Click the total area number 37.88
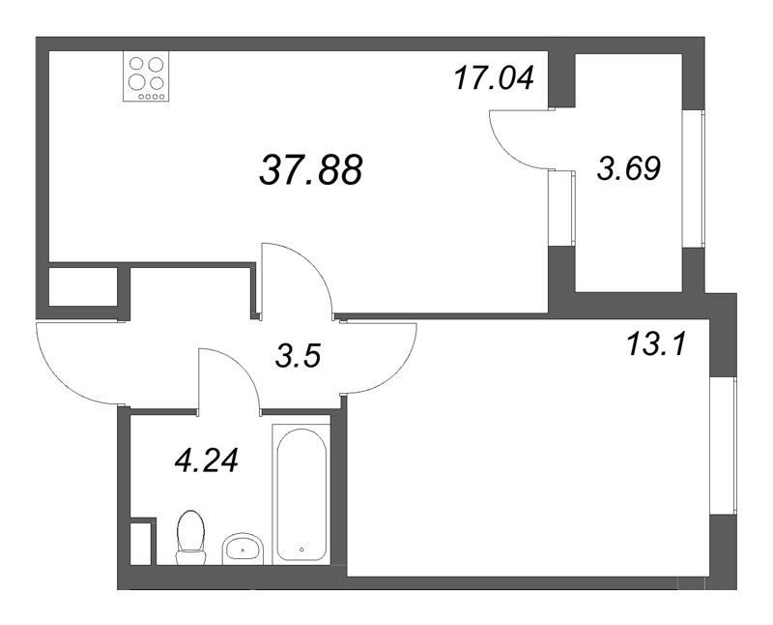(x=311, y=170)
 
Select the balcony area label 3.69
(x=629, y=170)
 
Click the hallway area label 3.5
(x=299, y=356)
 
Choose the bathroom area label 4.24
(x=206, y=458)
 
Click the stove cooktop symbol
(x=146, y=76)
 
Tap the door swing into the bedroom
(x=380, y=357)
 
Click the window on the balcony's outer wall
(x=694, y=180)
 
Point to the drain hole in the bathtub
(x=302, y=549)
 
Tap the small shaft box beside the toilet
(x=142, y=543)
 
